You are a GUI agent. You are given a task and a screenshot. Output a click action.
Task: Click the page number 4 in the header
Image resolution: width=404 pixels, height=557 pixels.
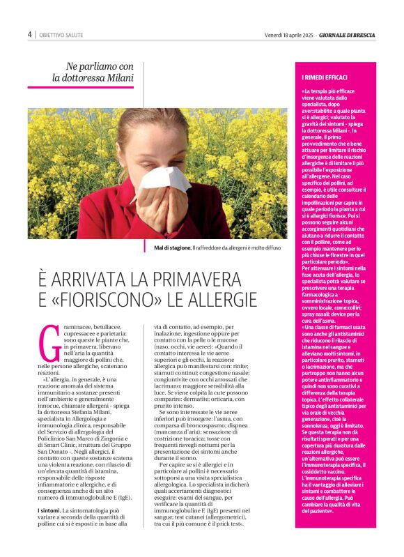click(30, 34)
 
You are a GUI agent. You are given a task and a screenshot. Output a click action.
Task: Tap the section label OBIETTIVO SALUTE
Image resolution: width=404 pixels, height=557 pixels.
click(59, 35)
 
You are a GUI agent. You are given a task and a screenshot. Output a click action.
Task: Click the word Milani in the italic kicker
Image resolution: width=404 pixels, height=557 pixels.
click(119, 78)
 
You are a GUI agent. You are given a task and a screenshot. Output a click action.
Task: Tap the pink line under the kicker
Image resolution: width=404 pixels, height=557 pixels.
click(80, 88)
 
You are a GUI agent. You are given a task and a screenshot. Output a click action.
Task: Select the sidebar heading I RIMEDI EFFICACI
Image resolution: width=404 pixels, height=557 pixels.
click(325, 77)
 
